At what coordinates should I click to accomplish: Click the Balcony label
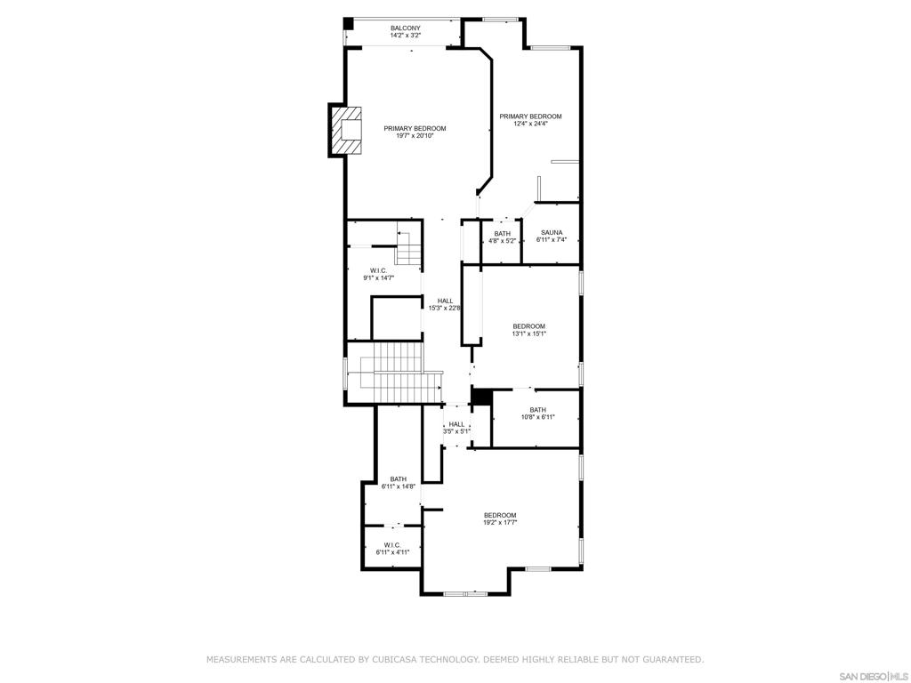pos(405,28)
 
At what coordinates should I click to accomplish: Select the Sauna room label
pos(552,233)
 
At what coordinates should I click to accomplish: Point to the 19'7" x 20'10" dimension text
pos(415,136)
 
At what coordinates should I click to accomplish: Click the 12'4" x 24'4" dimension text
pos(530,125)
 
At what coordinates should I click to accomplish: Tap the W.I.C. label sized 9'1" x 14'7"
pos(378,270)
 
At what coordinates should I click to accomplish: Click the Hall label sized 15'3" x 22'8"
pos(445,301)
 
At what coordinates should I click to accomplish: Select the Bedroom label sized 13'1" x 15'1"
pos(528,326)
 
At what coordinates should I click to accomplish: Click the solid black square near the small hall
pos(481,397)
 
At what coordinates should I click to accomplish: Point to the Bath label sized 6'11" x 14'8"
pos(398,479)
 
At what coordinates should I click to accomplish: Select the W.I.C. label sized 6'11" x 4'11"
pos(392,545)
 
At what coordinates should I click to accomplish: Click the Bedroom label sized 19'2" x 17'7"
pos(500,516)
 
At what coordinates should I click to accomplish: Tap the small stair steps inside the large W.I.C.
pos(408,247)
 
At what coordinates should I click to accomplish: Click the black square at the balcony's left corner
pos(350,22)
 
